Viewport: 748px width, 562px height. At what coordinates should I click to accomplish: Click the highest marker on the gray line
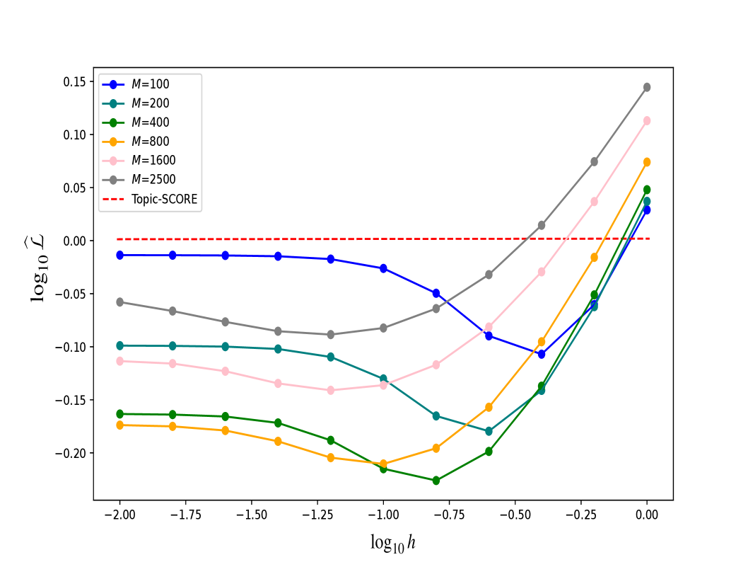point(647,87)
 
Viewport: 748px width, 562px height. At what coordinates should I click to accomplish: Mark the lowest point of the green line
point(436,480)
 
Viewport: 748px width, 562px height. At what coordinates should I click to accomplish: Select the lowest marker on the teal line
point(489,431)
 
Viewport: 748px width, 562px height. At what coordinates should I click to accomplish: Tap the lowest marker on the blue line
point(542,354)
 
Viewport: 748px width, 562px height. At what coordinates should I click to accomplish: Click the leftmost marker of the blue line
point(120,255)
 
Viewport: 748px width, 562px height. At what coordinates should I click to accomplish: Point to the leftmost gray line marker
point(120,302)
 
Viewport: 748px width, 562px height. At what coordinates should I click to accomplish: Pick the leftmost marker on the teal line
point(120,345)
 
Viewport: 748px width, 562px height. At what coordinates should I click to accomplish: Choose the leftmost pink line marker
point(120,361)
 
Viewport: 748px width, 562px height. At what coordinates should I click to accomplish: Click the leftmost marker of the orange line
point(120,425)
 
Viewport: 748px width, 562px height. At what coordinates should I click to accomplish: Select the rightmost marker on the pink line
point(647,120)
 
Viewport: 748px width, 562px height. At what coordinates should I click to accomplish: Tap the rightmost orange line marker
point(647,162)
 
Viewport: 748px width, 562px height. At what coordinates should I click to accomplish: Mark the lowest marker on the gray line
point(331,334)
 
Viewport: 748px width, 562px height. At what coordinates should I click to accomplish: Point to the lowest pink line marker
point(331,390)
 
